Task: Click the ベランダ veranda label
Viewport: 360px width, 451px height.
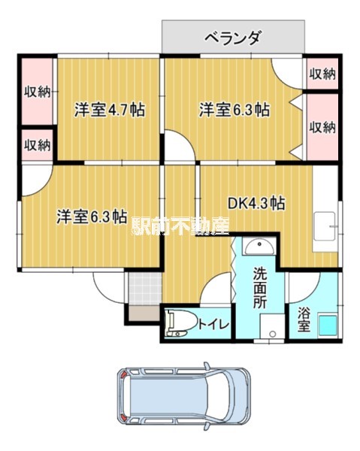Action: click(233, 38)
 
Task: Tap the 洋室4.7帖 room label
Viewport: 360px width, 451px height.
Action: click(110, 110)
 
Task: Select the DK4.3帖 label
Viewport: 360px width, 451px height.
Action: click(256, 204)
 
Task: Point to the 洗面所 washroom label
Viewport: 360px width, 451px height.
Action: click(259, 288)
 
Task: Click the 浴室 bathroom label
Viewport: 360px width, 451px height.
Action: click(304, 319)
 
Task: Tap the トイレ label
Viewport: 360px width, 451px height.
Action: click(214, 325)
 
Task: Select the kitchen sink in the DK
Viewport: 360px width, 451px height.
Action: click(325, 226)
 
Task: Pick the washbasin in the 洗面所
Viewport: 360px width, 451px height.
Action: click(259, 247)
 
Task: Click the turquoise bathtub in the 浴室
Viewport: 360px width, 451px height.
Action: click(328, 325)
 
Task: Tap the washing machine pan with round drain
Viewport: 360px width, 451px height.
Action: click(272, 326)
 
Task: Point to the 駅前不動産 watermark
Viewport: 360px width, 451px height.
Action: click(180, 225)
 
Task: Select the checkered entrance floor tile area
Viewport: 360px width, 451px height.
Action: click(144, 287)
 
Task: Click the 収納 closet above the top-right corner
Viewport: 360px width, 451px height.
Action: click(322, 74)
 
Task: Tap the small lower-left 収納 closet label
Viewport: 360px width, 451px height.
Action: click(37, 145)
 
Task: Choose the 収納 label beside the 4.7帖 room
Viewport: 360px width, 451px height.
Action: click(37, 92)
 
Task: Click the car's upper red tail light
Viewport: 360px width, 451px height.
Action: click(124, 374)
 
